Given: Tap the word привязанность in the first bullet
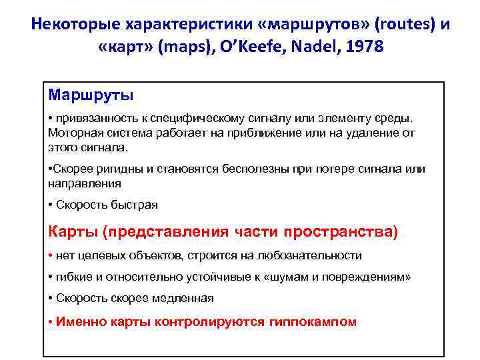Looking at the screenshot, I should coord(95,118).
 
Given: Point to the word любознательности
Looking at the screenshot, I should coord(313,255).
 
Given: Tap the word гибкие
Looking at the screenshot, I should coord(76,277).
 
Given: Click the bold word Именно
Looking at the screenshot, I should coord(79,321).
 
